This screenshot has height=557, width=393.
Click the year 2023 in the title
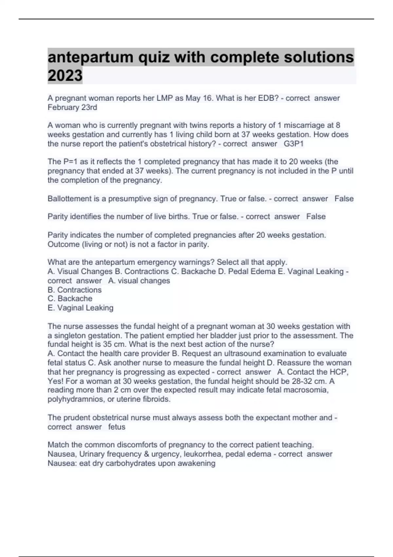coord(65,75)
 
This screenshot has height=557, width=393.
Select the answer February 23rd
coord(72,107)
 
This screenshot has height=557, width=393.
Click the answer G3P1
coord(294,144)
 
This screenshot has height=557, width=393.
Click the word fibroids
coord(157,399)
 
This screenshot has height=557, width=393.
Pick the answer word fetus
coord(117,427)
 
